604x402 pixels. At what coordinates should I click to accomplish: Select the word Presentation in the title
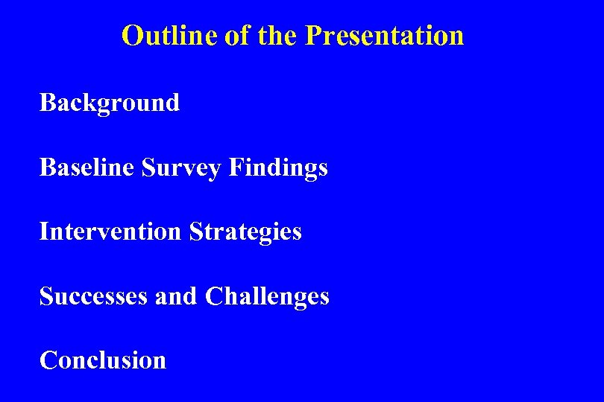tap(384, 35)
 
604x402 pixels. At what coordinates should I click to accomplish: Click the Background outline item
tap(110, 103)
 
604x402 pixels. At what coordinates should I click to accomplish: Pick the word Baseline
tap(86, 167)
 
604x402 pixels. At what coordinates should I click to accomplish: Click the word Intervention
tap(110, 232)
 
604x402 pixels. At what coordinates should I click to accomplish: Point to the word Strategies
tap(245, 232)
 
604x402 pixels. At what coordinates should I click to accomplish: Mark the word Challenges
tap(267, 296)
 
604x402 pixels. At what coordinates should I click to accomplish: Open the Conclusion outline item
tap(103, 360)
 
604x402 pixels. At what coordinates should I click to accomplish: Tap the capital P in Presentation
tap(313, 35)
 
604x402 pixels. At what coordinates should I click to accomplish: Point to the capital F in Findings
tap(236, 167)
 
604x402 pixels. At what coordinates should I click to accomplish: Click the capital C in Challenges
tap(213, 296)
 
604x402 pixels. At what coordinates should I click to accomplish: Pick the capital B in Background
tap(47, 102)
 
